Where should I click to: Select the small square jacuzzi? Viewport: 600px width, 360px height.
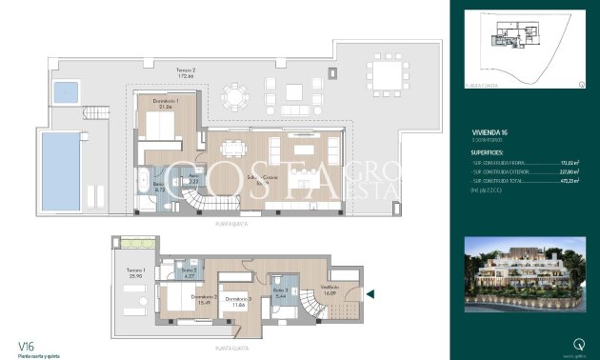pos(65,92)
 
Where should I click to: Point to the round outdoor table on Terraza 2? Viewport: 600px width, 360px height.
pos(232,95)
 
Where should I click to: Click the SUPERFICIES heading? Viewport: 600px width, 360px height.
pos(489,151)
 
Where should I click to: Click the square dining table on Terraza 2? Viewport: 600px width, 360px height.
pos(385,70)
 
